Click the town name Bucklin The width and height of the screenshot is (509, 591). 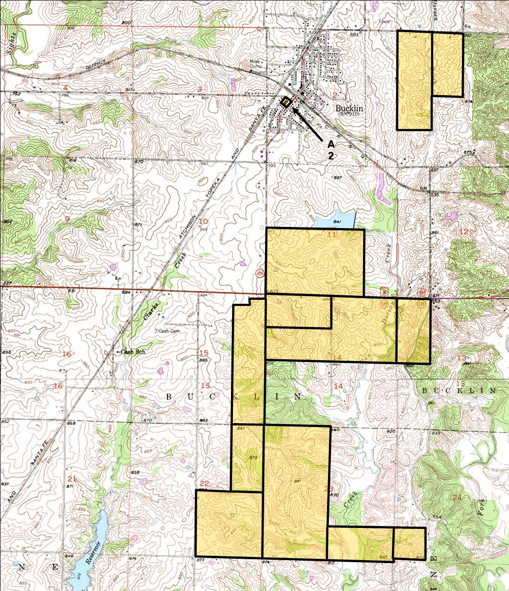click(x=349, y=109)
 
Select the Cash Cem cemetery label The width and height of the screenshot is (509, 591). click(x=171, y=331)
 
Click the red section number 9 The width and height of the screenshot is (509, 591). click(x=67, y=219)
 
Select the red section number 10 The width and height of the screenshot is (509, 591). click(x=204, y=221)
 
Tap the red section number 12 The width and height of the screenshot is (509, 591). click(x=464, y=232)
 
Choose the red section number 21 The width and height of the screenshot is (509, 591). click(x=73, y=478)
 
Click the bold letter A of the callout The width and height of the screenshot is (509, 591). click(x=330, y=144)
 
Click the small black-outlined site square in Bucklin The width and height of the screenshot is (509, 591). click(x=286, y=102)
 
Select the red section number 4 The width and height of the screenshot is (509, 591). click(x=65, y=88)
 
